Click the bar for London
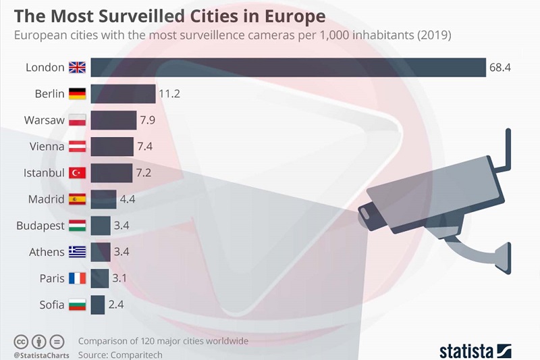pos(288,68)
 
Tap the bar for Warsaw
pos(113,120)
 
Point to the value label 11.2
pos(170,94)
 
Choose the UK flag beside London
pos(77,68)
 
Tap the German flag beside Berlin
pos(77,94)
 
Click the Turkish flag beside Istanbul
pos(77,173)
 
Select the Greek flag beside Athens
pos(77,252)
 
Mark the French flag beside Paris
pos(77,278)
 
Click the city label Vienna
pos(47,147)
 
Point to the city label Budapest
pos(40,226)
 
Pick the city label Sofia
pos(52,305)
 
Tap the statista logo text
pos(466,351)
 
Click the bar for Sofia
pos(97,305)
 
